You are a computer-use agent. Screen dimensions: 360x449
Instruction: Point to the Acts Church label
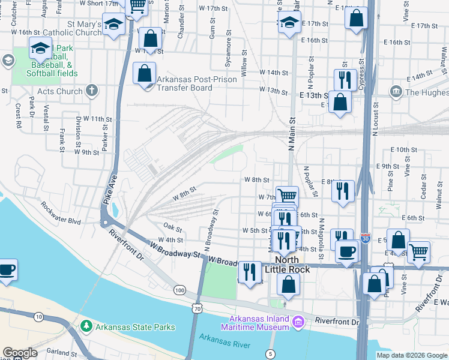(x=60, y=91)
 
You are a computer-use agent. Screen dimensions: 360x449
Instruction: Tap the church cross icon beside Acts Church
(x=92, y=91)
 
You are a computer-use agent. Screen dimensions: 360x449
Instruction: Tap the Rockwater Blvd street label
(x=61, y=212)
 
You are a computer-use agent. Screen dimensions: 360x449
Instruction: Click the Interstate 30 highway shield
(x=366, y=239)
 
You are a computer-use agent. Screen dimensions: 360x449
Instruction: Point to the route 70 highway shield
(x=197, y=308)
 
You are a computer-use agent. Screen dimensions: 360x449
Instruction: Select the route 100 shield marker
(x=179, y=290)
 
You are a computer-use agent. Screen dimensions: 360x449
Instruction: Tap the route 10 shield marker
(x=38, y=316)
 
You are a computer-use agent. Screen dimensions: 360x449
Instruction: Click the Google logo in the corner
(x=20, y=353)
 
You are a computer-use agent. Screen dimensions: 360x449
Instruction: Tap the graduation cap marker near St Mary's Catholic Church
(x=113, y=25)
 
